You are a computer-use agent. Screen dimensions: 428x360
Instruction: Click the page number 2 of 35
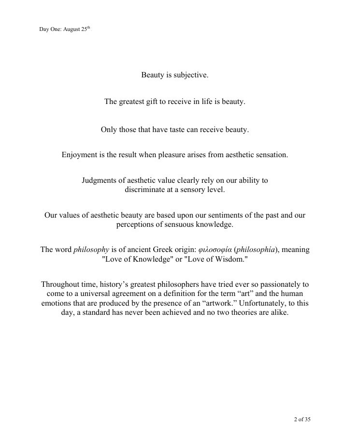click(x=305, y=419)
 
